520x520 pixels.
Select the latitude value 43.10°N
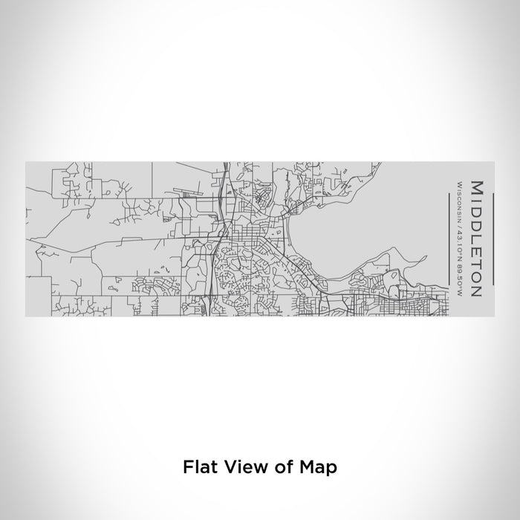pyautogui.click(x=460, y=247)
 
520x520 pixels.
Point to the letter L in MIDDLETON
pyautogui.click(x=476, y=239)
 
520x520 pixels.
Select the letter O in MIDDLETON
pyautogui.click(x=476, y=278)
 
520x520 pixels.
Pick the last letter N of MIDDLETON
pyautogui.click(x=476, y=292)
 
